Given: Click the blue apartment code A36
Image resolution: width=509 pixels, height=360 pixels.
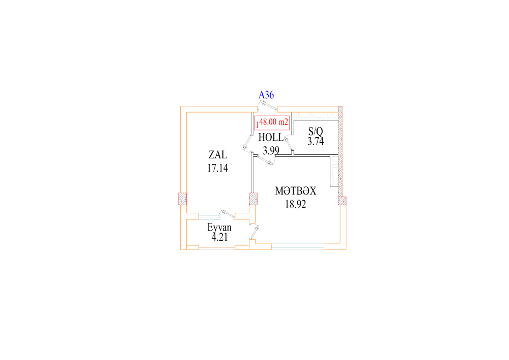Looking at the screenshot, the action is point(266,95).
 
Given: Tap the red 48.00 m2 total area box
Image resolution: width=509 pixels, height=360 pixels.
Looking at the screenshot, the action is point(272,123).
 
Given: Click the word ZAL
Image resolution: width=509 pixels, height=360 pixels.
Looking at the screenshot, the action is point(217,154).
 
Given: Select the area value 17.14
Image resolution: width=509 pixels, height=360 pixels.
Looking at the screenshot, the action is point(217,168).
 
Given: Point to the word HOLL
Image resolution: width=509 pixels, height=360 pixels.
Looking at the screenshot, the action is point(271,137).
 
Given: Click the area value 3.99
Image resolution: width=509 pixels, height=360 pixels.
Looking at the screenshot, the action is point(271,151).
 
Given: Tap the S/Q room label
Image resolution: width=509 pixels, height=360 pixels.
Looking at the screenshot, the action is point(316,131).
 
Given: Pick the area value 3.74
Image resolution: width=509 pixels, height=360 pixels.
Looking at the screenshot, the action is point(316,141).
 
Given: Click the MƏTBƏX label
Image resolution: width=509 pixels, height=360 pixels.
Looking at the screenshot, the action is point(295,191).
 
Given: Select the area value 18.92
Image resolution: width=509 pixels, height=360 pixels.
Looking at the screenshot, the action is point(295,204).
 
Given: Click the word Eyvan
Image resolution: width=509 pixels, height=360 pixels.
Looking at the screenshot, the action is point(219,227).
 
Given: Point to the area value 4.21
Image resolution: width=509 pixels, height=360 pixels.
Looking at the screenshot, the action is point(219,237).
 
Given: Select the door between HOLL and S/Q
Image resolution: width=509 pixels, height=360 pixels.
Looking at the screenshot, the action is point(289,144).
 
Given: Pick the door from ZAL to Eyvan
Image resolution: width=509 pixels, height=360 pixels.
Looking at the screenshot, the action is point(227,213).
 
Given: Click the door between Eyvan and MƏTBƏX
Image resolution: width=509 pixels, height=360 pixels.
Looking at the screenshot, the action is point(254,232).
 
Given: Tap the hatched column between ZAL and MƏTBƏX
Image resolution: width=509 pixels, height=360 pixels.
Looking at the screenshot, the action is point(253,199).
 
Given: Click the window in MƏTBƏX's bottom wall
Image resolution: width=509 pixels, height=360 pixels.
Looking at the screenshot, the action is point(298,246).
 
